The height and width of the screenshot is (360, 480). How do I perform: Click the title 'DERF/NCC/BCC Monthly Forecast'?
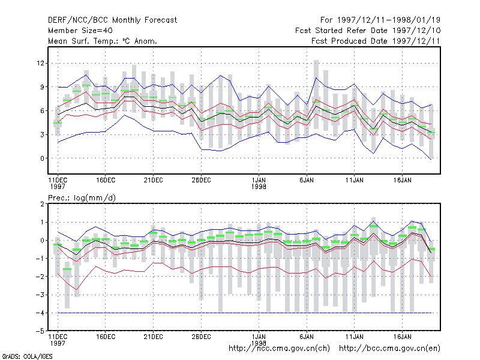pos(112,20)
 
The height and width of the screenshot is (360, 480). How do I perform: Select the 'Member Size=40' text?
pos(80,31)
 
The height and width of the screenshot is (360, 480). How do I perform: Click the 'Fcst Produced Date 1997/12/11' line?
pos(376,41)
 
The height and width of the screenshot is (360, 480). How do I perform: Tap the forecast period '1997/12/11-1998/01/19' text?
pos(389,20)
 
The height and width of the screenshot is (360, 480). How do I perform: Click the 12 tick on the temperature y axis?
pos(40,64)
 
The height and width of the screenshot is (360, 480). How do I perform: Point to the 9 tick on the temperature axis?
pos(42,87)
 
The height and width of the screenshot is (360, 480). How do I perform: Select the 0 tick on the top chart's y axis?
pos(42,158)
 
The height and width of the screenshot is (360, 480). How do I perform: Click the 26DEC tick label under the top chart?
pos(201,181)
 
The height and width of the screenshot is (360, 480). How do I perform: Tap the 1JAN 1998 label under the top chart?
pos(259,184)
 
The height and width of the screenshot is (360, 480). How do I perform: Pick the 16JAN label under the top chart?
pos(402,181)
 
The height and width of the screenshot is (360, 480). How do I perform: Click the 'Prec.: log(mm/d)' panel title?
pos(82,198)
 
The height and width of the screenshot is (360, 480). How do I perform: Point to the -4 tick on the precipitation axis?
pos(40,313)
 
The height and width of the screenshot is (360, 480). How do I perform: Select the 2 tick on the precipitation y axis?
pos(42,204)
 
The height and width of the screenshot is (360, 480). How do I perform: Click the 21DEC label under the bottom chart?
pos(153,337)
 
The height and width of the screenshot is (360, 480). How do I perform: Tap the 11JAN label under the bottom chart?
pos(355,337)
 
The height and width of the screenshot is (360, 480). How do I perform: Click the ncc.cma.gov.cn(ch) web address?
pos(279,349)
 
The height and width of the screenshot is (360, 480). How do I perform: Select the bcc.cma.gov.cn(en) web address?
pos(389,349)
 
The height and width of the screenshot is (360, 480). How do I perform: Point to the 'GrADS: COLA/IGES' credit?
pos(27,356)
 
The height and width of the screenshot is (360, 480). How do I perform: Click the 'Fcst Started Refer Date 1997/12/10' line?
pos(368,31)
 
